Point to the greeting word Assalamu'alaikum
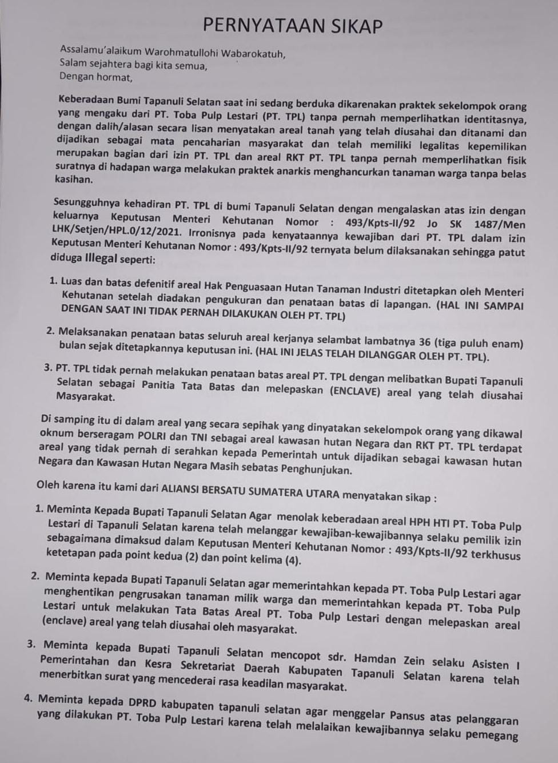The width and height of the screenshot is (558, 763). pyautogui.click(x=97, y=53)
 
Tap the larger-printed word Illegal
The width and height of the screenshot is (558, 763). pyautogui.click(x=101, y=258)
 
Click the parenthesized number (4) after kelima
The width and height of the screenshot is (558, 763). pyautogui.click(x=292, y=560)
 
